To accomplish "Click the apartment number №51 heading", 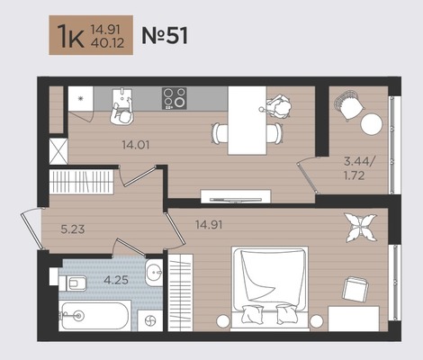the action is (x=165, y=35).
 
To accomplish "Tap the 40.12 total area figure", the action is (x=107, y=43).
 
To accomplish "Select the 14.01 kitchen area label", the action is (x=136, y=145).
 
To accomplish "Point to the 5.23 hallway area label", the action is (x=73, y=229).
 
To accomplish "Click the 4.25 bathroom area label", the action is (x=116, y=280).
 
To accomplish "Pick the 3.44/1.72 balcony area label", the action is (x=359, y=168).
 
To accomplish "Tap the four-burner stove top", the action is (x=175, y=98).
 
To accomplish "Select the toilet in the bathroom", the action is (x=73, y=283).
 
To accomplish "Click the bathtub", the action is (x=94, y=316).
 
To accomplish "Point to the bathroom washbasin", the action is (x=154, y=273).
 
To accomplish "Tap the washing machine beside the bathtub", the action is (x=150, y=320).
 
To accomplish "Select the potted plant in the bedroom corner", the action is (x=360, y=227).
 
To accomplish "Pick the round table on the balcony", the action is (x=372, y=123).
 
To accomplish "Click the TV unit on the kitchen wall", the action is (x=236, y=196).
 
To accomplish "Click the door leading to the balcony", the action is (x=308, y=177).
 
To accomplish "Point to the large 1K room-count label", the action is (x=71, y=36).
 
